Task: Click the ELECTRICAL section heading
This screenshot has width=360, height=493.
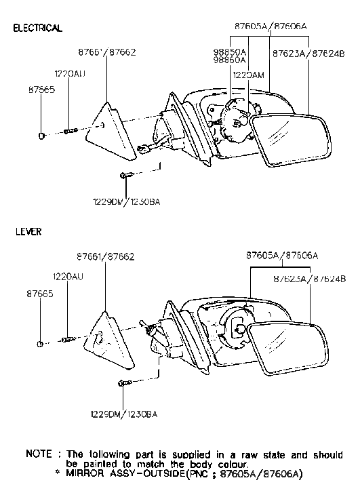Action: pyautogui.click(x=38, y=28)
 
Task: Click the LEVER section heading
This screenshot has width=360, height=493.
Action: pyautogui.click(x=28, y=232)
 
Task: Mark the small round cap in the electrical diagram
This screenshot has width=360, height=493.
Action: pyautogui.click(x=43, y=136)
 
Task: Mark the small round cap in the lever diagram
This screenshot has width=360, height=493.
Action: pyautogui.click(x=41, y=343)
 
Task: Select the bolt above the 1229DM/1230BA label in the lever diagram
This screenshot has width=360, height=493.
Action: pyautogui.click(x=125, y=384)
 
